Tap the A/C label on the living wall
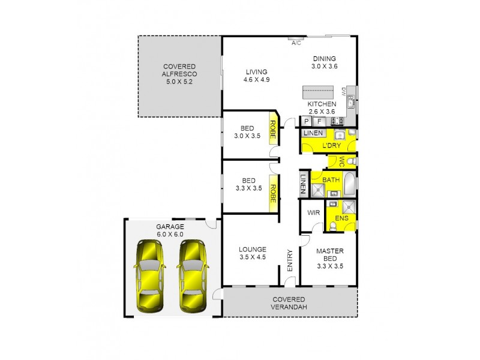click(296, 43)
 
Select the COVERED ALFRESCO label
click(179, 73)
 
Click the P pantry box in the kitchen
click(307, 121)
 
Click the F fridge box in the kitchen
click(319, 121)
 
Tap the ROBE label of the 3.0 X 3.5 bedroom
click(272, 131)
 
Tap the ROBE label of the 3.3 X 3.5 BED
click(272, 193)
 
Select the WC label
click(341, 161)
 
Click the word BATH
click(331, 179)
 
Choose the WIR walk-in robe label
click(313, 212)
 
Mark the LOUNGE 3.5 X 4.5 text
click(252, 252)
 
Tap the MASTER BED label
click(329, 259)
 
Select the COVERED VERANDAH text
click(289, 303)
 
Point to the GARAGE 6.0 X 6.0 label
click(170, 230)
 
